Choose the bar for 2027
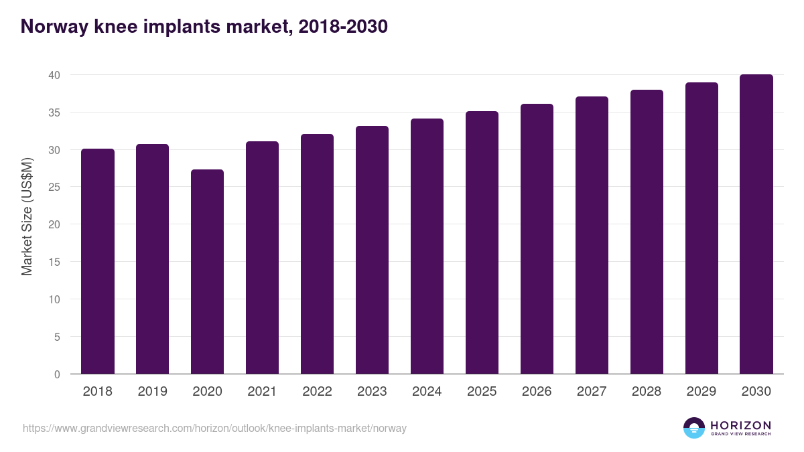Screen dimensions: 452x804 click(x=592, y=235)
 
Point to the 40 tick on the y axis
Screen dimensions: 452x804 click(x=54, y=75)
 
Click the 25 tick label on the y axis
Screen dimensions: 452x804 click(x=54, y=187)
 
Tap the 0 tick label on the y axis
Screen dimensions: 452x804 click(x=57, y=374)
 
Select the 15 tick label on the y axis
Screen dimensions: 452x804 click(x=54, y=262)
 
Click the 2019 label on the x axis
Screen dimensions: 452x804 click(x=152, y=392)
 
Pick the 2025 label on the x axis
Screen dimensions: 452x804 click(x=482, y=392)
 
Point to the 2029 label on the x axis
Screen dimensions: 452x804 click(x=701, y=392)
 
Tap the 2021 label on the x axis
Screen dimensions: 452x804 click(x=262, y=392)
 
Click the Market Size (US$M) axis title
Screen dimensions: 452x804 click(x=27, y=216)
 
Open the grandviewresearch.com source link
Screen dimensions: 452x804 click(x=214, y=428)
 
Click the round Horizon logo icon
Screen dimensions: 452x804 click(x=694, y=428)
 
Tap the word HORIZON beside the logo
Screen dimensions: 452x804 click(x=740, y=425)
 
